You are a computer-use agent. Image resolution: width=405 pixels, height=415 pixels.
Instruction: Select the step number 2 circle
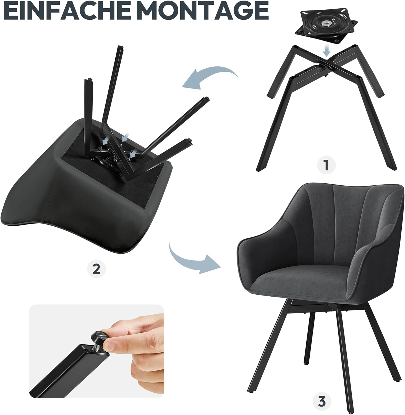point(96,269)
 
